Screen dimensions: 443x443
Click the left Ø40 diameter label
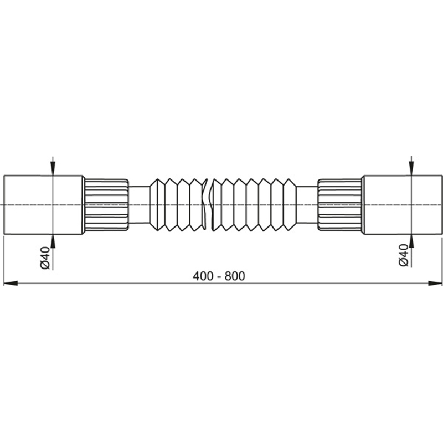pos(45,257)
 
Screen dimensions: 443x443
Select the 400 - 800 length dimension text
pos(219,276)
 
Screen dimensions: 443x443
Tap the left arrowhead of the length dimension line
pos(11,283)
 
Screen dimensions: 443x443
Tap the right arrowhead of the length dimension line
pos(435,283)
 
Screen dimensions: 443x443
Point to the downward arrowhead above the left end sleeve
pos(53,169)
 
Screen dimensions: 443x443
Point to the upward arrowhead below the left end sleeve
pos(53,241)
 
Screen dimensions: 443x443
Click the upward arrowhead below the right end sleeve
pos(411,241)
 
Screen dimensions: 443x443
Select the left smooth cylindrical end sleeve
pos(44,205)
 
